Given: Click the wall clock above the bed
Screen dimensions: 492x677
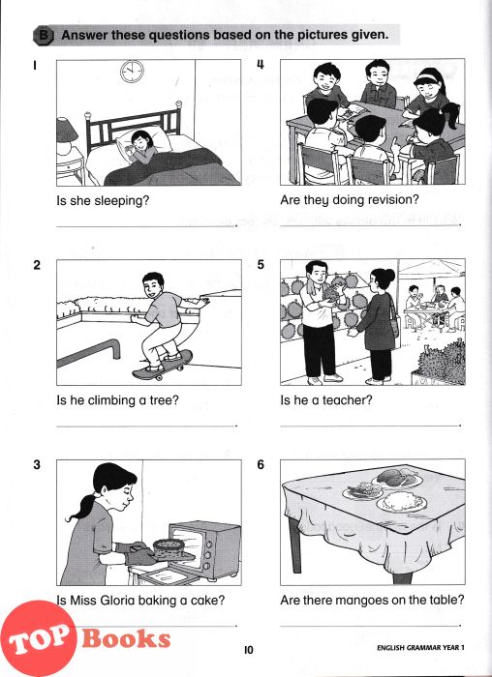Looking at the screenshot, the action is point(133,72).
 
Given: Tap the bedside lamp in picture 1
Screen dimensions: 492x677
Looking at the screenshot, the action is point(65,135).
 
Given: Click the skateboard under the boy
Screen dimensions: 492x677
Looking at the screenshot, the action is point(162,366).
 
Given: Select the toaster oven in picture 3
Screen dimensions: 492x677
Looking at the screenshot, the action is point(204,550).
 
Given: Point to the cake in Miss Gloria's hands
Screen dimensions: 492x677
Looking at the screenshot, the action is point(169,549).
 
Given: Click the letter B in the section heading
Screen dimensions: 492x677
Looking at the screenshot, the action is point(44,35).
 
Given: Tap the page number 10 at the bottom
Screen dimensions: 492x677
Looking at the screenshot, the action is point(249,650).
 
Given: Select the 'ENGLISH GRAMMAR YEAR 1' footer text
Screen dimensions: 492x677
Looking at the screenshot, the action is point(420,648).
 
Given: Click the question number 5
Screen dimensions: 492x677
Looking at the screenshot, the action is point(261,265).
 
